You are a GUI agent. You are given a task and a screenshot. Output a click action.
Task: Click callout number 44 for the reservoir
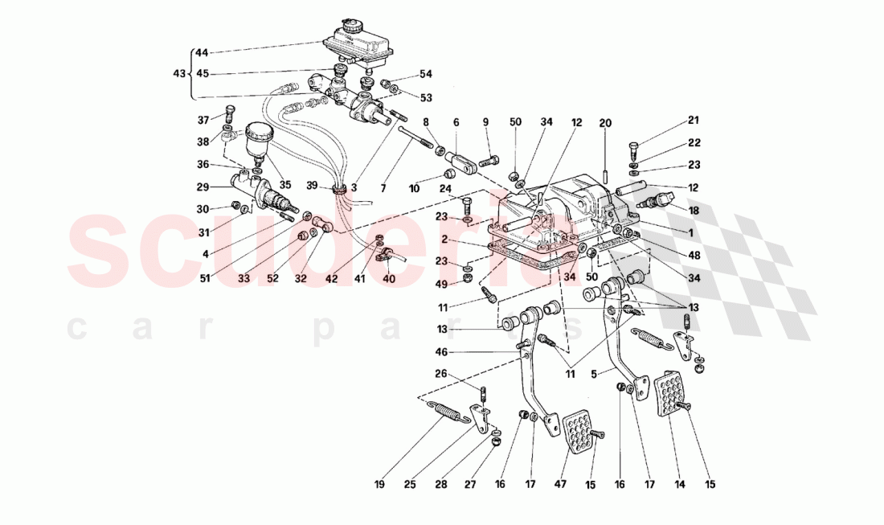(x=201, y=53)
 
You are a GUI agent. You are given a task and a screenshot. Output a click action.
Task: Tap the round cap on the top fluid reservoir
(x=351, y=25)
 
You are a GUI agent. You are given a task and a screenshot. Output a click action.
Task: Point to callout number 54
(x=425, y=74)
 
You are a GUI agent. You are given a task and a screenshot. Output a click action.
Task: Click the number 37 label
(x=203, y=121)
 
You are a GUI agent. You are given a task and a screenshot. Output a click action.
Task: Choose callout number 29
(x=202, y=187)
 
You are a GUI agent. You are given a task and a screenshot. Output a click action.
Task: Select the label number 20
(x=604, y=122)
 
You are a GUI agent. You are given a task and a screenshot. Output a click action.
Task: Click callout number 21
(x=694, y=121)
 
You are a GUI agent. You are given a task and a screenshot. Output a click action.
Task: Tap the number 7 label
(x=383, y=188)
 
